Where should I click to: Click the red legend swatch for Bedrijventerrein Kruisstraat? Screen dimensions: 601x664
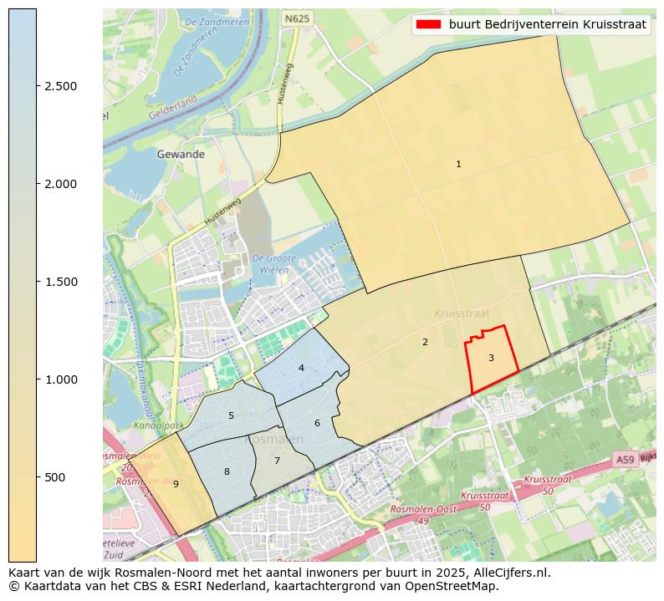click(429, 25)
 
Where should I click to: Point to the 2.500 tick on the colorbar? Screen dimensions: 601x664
click(60, 86)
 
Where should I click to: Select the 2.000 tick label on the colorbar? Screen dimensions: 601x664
click(60, 184)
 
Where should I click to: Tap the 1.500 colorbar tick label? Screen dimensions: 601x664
click(60, 282)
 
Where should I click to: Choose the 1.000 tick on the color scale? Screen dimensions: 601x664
click(60, 379)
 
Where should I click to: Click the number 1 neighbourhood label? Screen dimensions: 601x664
click(458, 165)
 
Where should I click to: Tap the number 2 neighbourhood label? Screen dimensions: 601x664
click(425, 342)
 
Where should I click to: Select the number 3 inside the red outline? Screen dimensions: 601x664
click(491, 359)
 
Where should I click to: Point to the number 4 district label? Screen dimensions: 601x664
click(301, 368)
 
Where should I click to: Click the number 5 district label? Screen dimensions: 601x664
click(231, 415)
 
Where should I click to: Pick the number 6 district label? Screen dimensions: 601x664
click(317, 423)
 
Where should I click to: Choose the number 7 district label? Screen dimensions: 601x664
click(277, 461)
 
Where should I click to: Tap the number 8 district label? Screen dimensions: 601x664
click(227, 472)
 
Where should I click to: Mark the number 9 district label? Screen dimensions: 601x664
click(176, 484)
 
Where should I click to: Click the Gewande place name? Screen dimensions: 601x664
click(181, 155)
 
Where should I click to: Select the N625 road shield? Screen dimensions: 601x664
click(297, 18)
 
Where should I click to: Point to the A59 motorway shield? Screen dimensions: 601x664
click(625, 460)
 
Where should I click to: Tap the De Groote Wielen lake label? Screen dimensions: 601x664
click(270, 264)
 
